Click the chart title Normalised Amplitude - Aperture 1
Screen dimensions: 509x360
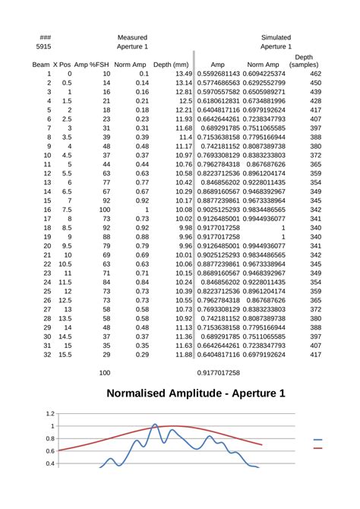[x=195, y=394]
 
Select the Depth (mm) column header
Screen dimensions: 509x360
[x=171, y=65]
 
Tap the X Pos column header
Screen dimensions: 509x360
[x=66, y=65]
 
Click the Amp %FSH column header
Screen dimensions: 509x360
[x=96, y=65]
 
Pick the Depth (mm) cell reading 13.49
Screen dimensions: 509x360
[x=183, y=74]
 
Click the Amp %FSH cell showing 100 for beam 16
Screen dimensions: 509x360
[x=105, y=210]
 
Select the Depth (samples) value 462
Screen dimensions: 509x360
[x=315, y=74]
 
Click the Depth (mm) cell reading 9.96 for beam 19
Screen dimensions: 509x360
[x=183, y=237]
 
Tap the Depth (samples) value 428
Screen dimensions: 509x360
[x=315, y=101]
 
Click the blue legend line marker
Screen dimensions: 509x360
[x=317, y=440]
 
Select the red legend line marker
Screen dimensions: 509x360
[x=317, y=448]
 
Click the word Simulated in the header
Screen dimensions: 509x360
[x=275, y=37]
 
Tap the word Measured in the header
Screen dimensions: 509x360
[x=132, y=37]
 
